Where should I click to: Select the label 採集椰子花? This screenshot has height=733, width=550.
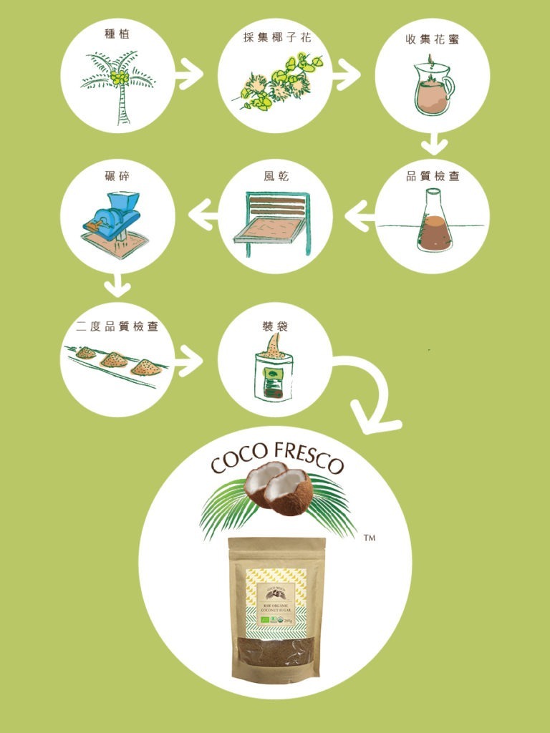(275, 37)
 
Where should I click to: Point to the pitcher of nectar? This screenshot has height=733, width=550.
(433, 87)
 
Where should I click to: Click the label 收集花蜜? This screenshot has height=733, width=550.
(433, 39)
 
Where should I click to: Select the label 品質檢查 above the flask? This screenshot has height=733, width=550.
(433, 176)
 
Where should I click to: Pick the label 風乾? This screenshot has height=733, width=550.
(275, 176)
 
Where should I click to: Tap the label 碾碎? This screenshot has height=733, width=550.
(117, 176)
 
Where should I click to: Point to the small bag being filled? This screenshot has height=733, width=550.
(274, 374)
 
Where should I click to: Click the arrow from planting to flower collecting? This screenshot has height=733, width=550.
(189, 74)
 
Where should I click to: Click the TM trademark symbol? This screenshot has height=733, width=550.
(370, 536)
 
